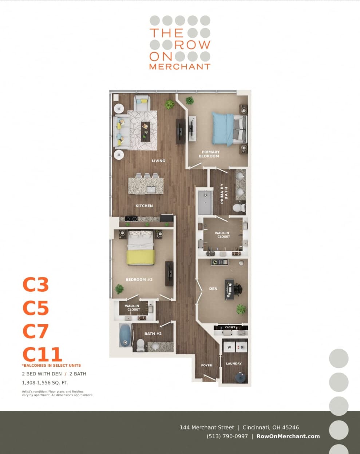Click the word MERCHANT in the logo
[180, 67]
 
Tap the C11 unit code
[42, 354]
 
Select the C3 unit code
[36, 284]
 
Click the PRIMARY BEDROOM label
[209, 154]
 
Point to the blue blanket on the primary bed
[222, 128]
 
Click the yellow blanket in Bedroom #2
[141, 257]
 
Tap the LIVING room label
[158, 160]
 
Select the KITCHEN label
[144, 206]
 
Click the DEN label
[213, 288]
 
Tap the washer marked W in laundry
[229, 347]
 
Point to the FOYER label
[206, 365]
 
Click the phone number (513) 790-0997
[227, 436]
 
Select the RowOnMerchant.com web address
[288, 436]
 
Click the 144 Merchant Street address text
[207, 427]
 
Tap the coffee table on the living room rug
[146, 131]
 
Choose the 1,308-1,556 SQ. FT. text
[45, 382]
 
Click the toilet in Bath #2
[141, 345]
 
